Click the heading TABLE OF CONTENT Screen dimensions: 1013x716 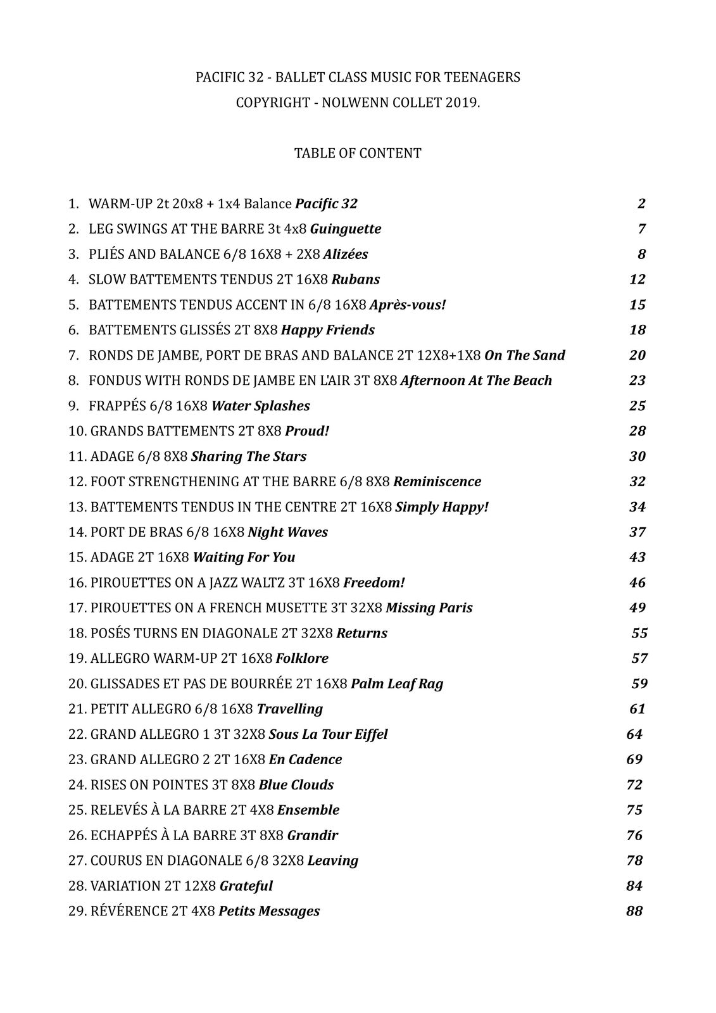358,153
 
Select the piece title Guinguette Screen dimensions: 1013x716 346,229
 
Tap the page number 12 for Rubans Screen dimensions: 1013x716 637,279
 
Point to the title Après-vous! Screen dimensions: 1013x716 408,305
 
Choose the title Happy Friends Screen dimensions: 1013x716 328,330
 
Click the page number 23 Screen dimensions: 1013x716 637,381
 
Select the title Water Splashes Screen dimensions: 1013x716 261,406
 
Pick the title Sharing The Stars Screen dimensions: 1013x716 249,456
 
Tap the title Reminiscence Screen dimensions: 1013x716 437,482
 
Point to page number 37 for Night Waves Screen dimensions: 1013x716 637,532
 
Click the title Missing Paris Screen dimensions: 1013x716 429,608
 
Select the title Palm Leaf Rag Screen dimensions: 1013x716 397,684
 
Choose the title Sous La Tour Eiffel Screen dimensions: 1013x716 328,734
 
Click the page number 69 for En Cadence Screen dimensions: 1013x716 634,759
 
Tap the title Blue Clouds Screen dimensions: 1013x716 296,785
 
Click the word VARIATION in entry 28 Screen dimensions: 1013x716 122,886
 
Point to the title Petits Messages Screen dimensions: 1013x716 269,911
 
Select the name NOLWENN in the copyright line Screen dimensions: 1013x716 351,103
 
